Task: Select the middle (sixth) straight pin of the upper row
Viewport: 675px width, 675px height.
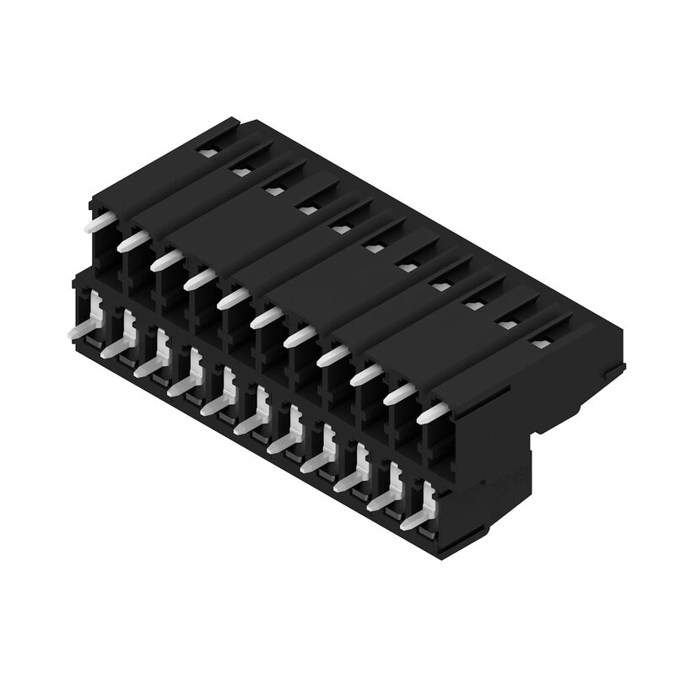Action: (267, 316)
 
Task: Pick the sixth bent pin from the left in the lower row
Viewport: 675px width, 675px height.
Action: (251, 421)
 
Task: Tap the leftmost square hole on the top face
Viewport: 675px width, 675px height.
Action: (207, 153)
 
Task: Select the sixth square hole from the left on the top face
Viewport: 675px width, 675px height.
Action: (373, 247)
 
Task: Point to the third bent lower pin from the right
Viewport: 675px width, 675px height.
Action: (350, 478)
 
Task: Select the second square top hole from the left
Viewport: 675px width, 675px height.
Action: (240, 172)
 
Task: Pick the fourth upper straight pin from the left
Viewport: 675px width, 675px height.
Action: (200, 278)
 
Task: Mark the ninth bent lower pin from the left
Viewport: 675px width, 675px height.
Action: (350, 478)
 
